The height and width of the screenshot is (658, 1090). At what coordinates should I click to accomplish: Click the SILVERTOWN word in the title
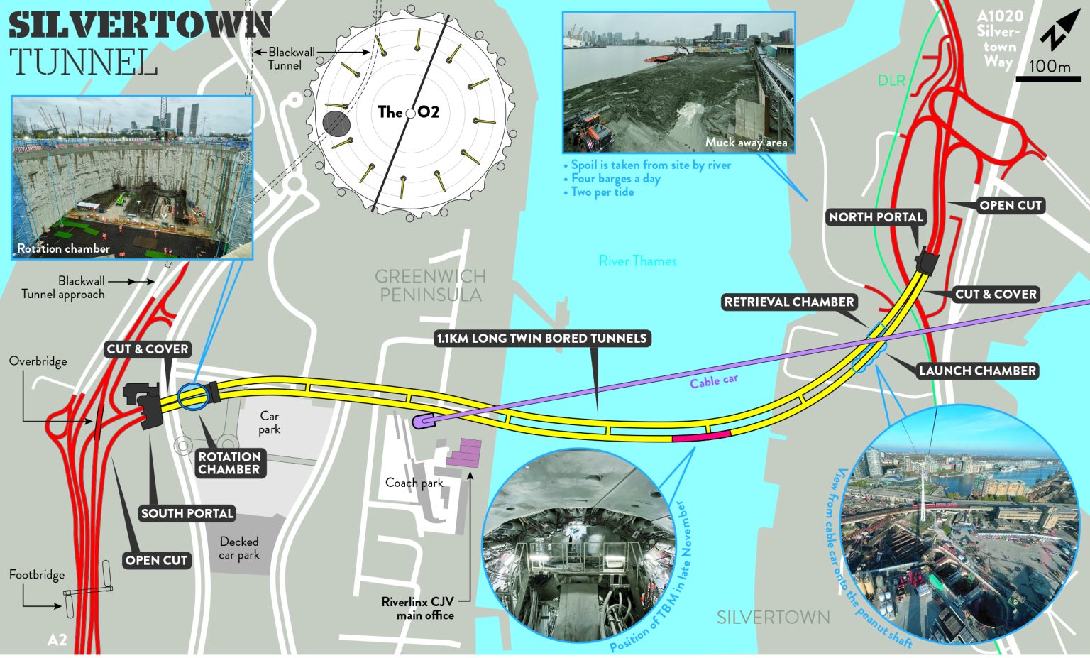tap(140, 26)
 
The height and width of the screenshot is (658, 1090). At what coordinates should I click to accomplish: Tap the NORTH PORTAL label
tap(876, 217)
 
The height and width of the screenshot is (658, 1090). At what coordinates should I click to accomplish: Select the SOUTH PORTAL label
tap(187, 513)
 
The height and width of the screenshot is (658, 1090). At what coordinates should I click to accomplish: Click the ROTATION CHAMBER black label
tap(229, 463)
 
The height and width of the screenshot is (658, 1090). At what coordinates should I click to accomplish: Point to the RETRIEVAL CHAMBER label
tap(788, 302)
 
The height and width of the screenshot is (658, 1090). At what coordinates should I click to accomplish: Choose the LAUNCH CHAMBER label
tap(977, 371)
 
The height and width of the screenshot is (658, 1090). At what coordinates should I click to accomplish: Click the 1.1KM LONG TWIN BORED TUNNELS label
tap(541, 339)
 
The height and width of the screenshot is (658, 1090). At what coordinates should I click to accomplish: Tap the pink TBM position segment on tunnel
tap(701, 436)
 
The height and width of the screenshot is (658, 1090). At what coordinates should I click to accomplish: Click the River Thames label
tap(637, 261)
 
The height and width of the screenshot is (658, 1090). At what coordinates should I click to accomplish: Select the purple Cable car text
tap(713, 381)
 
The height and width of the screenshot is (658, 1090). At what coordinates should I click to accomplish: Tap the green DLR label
tap(891, 81)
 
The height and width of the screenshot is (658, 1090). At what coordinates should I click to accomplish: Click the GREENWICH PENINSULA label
tap(430, 285)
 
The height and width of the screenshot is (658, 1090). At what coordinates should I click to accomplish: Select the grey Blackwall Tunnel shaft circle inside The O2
tap(336, 123)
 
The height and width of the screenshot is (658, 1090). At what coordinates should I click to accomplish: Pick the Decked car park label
tap(239, 548)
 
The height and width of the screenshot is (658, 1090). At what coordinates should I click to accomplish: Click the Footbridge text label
tap(37, 574)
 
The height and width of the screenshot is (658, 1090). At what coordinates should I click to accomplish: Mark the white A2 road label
tap(57, 640)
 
